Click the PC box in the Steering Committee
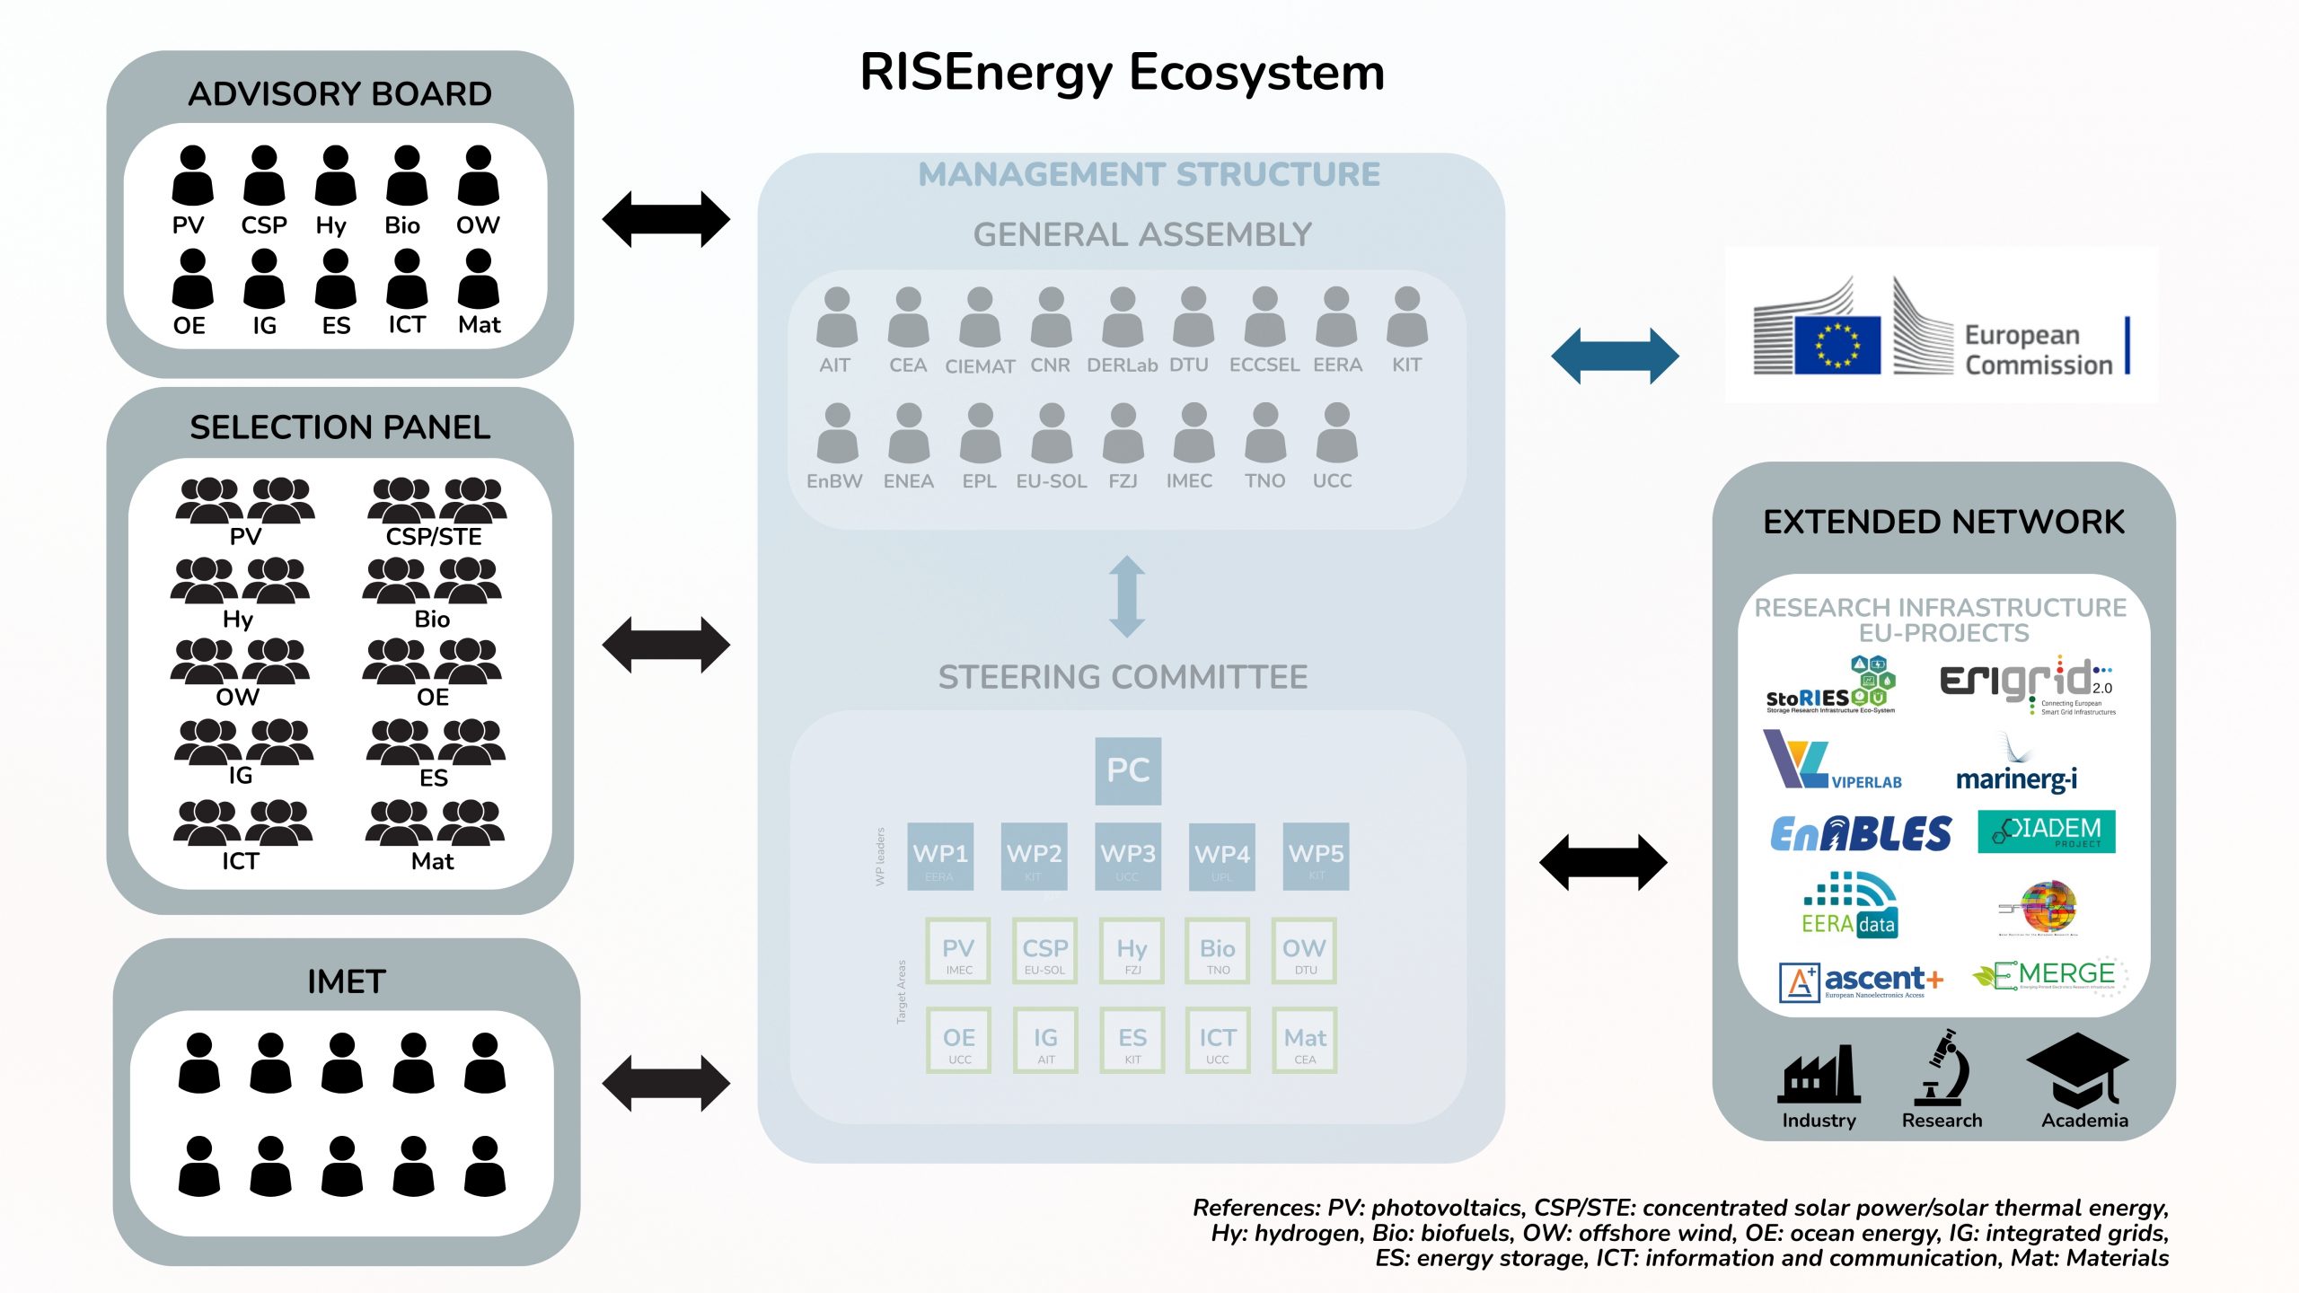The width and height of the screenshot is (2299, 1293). [x=1128, y=770]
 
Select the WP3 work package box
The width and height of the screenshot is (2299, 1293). [x=1128, y=857]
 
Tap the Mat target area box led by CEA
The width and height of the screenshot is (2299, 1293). [x=1305, y=1041]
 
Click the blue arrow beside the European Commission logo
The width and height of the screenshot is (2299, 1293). [x=1615, y=356]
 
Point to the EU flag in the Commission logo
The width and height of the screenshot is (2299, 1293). [x=1837, y=345]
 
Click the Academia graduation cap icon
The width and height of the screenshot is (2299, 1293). [x=2077, y=1070]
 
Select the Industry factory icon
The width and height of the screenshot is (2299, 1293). [x=1819, y=1075]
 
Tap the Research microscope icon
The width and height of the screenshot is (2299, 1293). [x=1942, y=1068]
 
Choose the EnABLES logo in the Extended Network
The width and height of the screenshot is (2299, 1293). [x=1861, y=834]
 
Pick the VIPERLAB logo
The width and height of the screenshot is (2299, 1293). [x=1832, y=762]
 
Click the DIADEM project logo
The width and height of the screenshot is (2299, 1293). [x=2046, y=831]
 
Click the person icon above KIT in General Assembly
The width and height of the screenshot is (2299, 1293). [x=1407, y=317]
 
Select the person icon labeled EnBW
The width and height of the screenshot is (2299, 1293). [x=837, y=433]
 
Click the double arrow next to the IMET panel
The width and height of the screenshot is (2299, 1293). [x=666, y=1084]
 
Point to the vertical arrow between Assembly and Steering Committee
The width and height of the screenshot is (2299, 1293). [x=1127, y=597]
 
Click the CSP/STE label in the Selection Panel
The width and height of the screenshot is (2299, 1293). [x=434, y=537]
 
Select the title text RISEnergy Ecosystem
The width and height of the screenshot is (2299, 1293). [x=1123, y=73]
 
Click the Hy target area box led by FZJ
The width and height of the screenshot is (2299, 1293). [x=1132, y=951]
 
